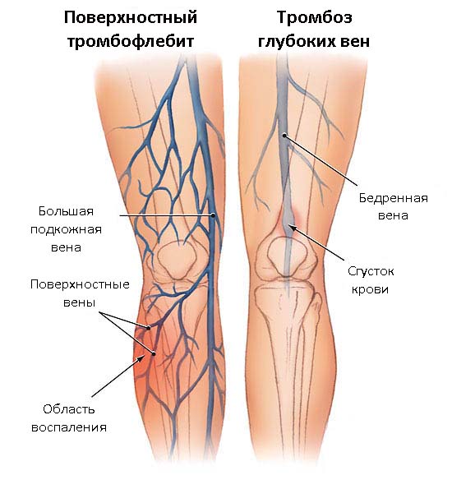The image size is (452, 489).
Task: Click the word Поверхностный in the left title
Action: (x=131, y=18)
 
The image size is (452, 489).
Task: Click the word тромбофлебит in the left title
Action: (x=131, y=41)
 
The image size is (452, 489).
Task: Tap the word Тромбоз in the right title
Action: (x=315, y=17)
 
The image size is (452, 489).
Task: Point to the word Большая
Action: (x=66, y=211)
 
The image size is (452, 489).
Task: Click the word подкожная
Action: (x=66, y=230)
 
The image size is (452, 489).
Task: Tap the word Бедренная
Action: (x=393, y=198)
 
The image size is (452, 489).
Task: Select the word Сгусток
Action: (x=371, y=271)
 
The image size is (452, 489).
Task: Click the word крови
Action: (x=370, y=289)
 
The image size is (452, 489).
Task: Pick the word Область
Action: (x=69, y=408)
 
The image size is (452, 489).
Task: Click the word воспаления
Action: (x=69, y=427)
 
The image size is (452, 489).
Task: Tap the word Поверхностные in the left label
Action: (x=80, y=284)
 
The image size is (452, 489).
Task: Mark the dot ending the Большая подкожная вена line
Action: (x=213, y=215)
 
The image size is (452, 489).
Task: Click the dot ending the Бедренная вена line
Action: (x=284, y=136)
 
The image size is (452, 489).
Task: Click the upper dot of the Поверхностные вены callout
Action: (x=149, y=327)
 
